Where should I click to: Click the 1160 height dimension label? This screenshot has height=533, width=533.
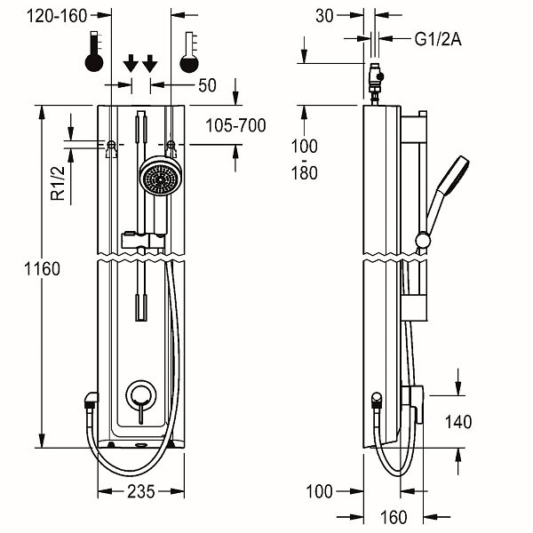[x=42, y=269]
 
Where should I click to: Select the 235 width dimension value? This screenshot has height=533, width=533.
[x=141, y=491]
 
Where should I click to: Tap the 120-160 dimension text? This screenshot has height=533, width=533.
[x=57, y=16]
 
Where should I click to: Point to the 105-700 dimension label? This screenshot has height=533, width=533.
[x=235, y=125]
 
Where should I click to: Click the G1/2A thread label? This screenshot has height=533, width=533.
[x=438, y=39]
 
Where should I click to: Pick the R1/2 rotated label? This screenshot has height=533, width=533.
[x=58, y=184]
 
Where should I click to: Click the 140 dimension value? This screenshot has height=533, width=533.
[x=458, y=422]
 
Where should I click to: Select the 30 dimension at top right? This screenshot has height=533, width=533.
[x=324, y=16]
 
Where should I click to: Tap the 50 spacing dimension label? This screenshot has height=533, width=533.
[x=207, y=85]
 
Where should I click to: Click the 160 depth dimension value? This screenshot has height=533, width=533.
[x=394, y=517]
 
